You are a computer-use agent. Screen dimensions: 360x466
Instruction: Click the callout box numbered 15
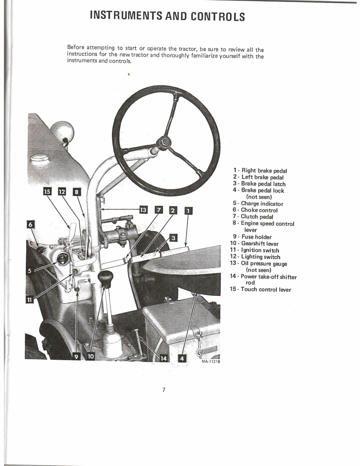point(47,192)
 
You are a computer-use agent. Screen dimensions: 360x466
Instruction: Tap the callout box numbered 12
point(62,192)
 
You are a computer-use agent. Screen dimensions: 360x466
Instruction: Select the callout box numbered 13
point(143,210)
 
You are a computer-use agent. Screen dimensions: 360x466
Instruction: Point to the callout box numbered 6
point(30,224)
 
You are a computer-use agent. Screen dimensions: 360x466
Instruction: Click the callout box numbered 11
point(29,300)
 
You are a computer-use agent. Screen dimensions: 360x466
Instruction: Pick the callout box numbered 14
point(164,358)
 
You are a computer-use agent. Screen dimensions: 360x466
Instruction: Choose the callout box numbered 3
point(174,238)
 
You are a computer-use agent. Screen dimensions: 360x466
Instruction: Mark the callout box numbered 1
point(189,211)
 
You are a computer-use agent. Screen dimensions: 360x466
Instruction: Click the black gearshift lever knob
point(106,279)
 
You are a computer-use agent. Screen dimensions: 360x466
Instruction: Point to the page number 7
point(164,390)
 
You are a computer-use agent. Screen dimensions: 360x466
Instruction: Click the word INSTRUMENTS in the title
point(126,16)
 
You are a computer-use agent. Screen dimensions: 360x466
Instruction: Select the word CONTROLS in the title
point(218,16)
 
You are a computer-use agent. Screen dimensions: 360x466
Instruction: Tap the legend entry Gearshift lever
point(254,244)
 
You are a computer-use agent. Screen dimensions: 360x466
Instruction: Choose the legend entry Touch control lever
point(261,289)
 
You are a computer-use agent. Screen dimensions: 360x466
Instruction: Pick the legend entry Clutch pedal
point(253,216)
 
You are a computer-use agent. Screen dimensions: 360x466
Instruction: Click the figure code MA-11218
point(210,362)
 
